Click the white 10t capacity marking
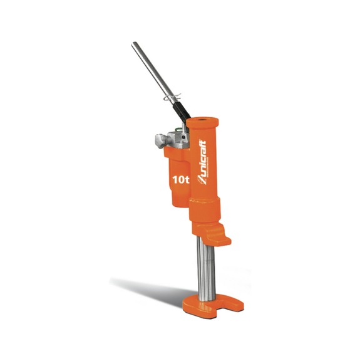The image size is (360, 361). (x=181, y=180)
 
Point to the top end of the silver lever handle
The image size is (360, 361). (x=133, y=43)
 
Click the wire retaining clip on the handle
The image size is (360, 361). (x=172, y=97)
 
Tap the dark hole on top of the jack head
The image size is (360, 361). (x=202, y=120)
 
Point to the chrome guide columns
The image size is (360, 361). (x=206, y=269)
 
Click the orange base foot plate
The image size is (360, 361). (x=213, y=305)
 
